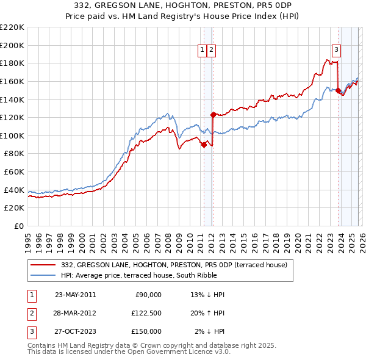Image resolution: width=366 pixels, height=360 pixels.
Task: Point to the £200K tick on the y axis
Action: pos(12,45)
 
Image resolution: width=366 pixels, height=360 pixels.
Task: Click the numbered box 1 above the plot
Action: pos(202,51)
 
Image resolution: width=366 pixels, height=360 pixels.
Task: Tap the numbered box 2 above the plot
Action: pos(211,51)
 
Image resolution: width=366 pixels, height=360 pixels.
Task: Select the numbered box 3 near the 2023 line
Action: pos(336,51)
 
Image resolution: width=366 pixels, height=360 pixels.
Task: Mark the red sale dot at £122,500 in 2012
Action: pos(213,115)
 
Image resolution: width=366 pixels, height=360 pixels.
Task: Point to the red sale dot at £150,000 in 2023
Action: pos(338,90)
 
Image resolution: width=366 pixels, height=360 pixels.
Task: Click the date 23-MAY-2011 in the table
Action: pos(75,295)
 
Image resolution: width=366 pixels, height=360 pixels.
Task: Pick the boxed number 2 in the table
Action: pos(31,313)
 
